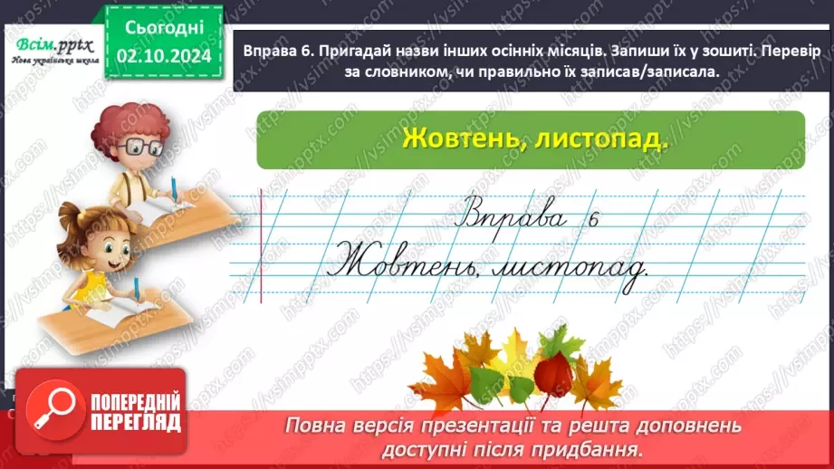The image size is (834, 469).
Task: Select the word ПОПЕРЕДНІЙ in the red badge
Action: coord(135,401)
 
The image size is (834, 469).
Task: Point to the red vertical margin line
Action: coord(261,244)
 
